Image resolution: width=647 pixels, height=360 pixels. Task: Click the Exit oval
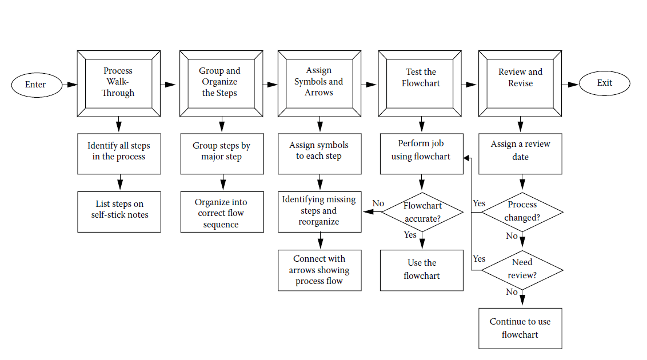pyautogui.click(x=604, y=83)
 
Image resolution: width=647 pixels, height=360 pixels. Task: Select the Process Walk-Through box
pyautogui.click(x=118, y=82)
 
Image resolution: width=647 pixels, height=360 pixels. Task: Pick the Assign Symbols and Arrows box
pyautogui.click(x=319, y=82)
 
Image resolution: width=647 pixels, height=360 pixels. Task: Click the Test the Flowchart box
pyautogui.click(x=421, y=82)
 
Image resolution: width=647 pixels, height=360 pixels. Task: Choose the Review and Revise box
pyautogui.click(x=520, y=82)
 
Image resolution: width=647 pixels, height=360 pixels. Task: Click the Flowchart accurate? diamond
pyautogui.click(x=422, y=212)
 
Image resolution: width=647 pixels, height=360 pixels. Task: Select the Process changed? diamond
pyautogui.click(x=522, y=211)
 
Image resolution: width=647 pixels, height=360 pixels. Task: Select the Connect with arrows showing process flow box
pyautogui.click(x=319, y=270)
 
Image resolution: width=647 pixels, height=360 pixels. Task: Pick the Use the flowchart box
pyautogui.click(x=422, y=270)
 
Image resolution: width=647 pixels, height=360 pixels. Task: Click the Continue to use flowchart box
pyautogui.click(x=520, y=328)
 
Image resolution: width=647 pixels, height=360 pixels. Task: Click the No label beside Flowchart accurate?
pyautogui.click(x=378, y=203)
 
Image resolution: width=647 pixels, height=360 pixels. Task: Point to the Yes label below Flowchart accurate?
pyautogui.click(x=410, y=235)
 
